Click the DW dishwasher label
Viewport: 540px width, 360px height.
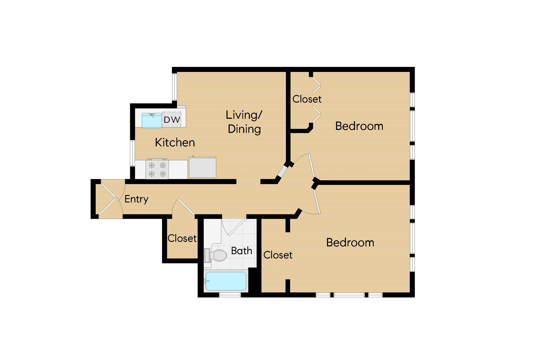tap(172, 120)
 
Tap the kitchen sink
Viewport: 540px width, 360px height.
tap(151, 121)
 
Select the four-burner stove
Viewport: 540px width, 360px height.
tap(157, 169)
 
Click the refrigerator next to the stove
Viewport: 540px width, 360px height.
tap(202, 167)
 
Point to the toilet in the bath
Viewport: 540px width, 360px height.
tap(216, 255)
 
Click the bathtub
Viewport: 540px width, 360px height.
tap(226, 281)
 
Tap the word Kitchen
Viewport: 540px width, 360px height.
tap(175, 142)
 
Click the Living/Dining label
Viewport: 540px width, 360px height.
tap(244, 122)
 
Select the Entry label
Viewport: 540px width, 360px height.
tap(136, 199)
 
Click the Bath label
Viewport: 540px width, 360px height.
tap(241, 250)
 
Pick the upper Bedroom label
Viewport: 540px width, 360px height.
tap(359, 126)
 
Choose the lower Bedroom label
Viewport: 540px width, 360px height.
tap(350, 242)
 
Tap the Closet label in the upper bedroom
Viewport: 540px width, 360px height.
tap(307, 99)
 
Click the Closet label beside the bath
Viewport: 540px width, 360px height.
tap(182, 238)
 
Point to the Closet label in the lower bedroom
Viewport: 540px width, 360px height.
tap(278, 255)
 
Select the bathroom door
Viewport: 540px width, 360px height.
tap(236, 226)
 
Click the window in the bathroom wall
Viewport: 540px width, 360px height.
tap(230, 295)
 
